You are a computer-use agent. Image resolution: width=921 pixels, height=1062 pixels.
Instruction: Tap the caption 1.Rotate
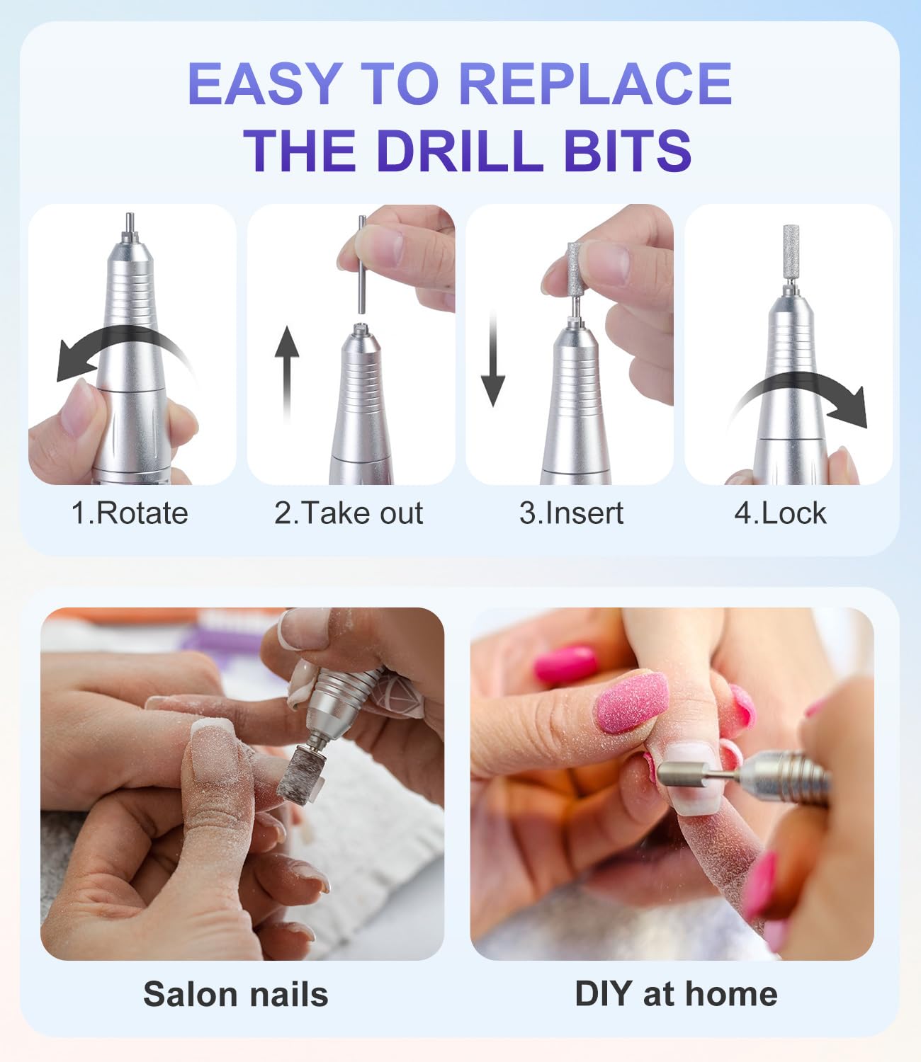[130, 513]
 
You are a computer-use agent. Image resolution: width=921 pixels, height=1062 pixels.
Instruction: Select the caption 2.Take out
[349, 513]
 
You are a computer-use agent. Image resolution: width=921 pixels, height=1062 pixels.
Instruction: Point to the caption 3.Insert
[571, 513]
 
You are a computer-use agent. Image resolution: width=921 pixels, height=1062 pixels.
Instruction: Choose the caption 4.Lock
[780, 513]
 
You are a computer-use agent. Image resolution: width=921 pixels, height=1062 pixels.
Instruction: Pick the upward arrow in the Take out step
[287, 372]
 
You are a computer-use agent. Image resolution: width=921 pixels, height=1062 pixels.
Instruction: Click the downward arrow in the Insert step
[493, 361]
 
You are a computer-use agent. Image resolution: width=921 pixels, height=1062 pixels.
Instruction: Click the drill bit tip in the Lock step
[791, 251]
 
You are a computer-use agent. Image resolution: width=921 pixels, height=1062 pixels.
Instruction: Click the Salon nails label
[236, 994]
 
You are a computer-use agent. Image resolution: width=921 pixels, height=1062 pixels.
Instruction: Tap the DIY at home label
[676, 993]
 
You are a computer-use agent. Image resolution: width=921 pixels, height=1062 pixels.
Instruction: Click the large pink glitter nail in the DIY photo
[631, 702]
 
